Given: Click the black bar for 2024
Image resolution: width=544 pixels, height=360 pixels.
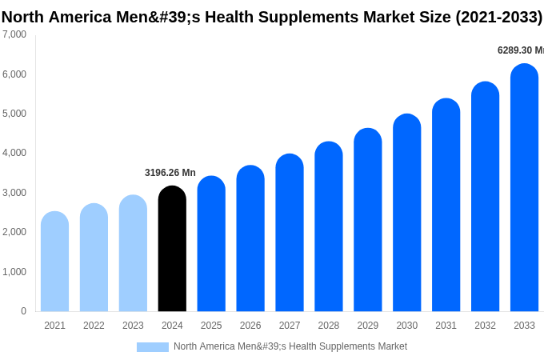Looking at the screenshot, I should tap(172, 250).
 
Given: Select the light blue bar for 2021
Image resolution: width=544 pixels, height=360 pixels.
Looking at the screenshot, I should tap(54, 262).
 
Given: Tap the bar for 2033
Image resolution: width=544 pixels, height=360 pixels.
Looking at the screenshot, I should tap(524, 188).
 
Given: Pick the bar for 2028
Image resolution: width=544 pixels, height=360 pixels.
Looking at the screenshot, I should tap(329, 227).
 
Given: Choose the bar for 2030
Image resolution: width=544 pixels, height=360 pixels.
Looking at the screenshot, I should tap(407, 214).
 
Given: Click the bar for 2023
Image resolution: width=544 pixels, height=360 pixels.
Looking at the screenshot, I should tap(133, 254).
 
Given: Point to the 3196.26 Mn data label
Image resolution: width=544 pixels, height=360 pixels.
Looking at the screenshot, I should tap(170, 173).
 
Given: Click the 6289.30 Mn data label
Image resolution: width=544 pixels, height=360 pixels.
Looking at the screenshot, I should tap(520, 50).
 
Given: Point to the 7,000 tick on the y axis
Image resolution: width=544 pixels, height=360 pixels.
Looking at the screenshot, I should tap(14, 34).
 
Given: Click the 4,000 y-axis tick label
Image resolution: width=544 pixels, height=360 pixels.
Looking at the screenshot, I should tap(14, 153).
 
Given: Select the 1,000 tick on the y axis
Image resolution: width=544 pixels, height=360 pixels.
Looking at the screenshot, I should tap(14, 272).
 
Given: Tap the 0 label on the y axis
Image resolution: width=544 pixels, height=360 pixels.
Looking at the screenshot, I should tap(23, 311).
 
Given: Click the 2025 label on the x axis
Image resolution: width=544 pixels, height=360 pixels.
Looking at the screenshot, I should tap(211, 326).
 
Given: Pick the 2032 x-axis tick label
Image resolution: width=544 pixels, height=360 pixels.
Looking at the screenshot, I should tap(485, 326).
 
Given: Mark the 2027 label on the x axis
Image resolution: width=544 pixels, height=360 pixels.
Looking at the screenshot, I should tap(290, 326).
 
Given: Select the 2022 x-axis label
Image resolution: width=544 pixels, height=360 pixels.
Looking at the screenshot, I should tap(94, 326).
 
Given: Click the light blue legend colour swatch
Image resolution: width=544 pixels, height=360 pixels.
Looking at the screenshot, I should tap(153, 347).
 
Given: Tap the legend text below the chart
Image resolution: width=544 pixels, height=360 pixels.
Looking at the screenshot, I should tap(290, 346).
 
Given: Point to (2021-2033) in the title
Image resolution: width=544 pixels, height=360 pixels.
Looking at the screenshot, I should tap(498, 17).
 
